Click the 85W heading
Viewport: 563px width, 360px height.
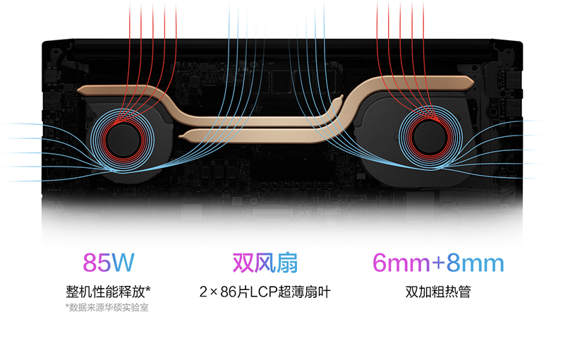[109, 263]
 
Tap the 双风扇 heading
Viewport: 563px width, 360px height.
[265, 263]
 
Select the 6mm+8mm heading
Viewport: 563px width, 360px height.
[437, 263]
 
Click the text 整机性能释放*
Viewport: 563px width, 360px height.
[109, 291]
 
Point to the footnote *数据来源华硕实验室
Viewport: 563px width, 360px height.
[107, 307]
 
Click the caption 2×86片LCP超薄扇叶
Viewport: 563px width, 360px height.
[265, 291]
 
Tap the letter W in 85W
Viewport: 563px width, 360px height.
[122, 263]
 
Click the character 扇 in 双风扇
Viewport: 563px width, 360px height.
[286, 263]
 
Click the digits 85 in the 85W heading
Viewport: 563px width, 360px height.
[97, 263]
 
